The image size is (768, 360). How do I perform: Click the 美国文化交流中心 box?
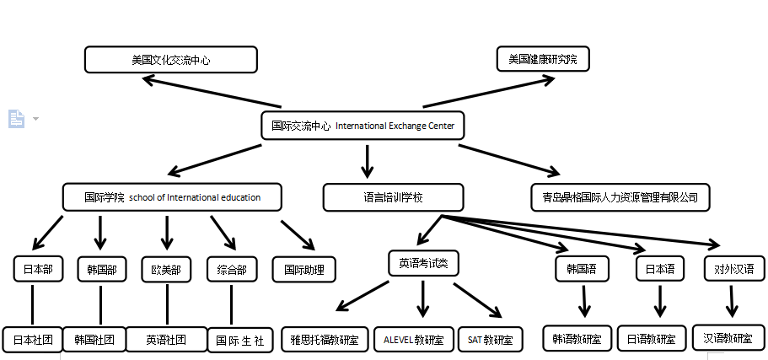170,60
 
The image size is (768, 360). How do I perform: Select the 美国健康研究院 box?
543,60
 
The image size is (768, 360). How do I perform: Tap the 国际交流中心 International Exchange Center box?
363,126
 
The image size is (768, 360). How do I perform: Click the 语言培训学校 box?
393,197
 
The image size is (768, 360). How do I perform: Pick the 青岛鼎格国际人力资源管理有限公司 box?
620,197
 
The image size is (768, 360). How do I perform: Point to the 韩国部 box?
100,270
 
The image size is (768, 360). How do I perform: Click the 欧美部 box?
166,270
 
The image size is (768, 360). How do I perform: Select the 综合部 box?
231,270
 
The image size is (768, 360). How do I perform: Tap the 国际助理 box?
304,270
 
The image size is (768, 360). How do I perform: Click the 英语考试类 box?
423,263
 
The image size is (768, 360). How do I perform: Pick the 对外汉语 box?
733,269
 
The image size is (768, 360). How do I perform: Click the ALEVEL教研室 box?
413,340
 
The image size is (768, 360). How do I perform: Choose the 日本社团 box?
33,340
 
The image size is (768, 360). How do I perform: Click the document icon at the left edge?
16,119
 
